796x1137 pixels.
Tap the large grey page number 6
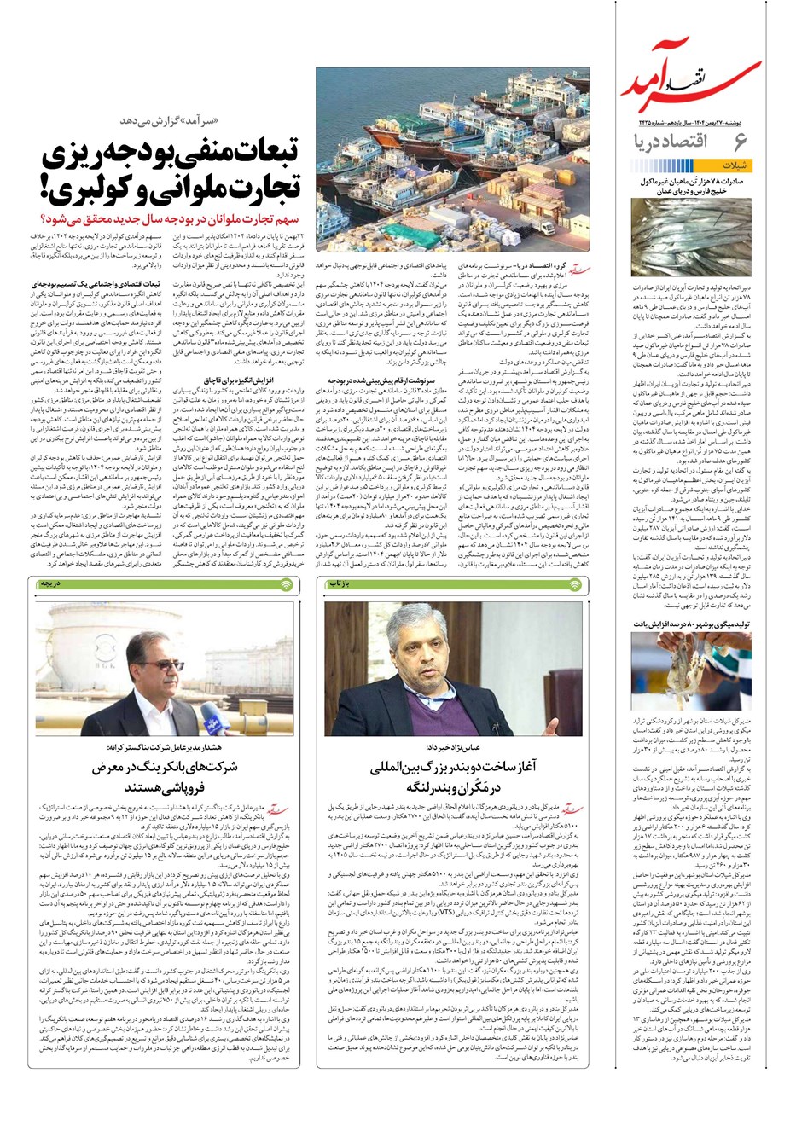pos(740,142)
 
